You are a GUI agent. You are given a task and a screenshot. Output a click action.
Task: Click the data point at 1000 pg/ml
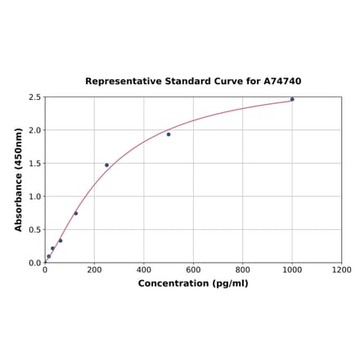click(292, 99)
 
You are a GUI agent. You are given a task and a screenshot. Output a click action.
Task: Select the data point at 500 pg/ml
click(169, 134)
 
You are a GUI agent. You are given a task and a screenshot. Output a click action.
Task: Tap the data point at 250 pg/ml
click(106, 165)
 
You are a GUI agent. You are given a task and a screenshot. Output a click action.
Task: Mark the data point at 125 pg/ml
click(76, 214)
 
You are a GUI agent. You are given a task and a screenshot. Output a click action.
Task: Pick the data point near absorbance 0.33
click(61, 241)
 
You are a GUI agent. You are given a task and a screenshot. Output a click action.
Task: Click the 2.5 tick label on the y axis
click(34, 97)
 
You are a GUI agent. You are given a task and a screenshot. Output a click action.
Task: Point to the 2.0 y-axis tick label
click(34, 130)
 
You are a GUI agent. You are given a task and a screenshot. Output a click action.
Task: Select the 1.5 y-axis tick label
click(34, 164)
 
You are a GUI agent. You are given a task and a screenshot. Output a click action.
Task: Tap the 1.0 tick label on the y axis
click(34, 196)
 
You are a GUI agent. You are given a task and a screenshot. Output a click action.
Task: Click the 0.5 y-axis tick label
click(34, 230)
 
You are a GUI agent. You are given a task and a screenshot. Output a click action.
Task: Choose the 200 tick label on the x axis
click(94, 270)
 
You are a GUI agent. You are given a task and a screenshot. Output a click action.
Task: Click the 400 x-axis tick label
click(144, 270)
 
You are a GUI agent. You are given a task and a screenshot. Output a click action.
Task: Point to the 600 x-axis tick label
click(193, 270)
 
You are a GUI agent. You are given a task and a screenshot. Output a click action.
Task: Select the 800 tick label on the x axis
click(243, 270)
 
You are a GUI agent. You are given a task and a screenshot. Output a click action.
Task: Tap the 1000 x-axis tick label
click(292, 270)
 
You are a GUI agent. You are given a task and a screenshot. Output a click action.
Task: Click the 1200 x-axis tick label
click(341, 270)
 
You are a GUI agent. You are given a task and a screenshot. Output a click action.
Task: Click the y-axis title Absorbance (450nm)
click(19, 179)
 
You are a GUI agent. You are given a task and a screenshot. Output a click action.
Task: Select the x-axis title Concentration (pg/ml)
click(193, 284)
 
